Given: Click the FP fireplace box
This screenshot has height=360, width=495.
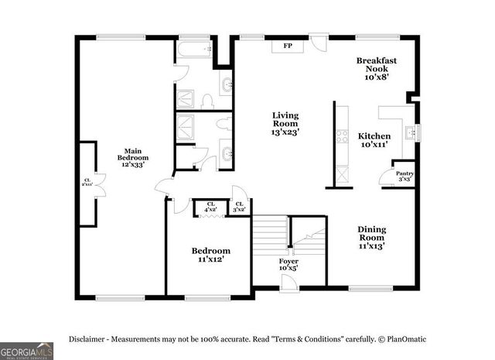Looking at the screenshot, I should [x=288, y=46].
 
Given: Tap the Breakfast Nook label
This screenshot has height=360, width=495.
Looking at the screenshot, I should [x=377, y=69].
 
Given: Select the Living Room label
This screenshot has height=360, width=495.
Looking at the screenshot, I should [x=285, y=124].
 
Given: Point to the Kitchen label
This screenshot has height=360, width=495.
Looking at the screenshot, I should [x=374, y=139].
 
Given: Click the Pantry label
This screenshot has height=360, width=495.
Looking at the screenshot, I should [x=404, y=176].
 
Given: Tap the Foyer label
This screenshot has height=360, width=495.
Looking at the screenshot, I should [x=288, y=266].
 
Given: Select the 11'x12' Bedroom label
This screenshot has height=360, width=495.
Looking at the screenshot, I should [x=211, y=255].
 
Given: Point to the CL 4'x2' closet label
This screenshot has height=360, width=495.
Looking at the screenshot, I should [x=210, y=207].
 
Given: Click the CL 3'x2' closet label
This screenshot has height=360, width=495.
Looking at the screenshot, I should [x=240, y=207].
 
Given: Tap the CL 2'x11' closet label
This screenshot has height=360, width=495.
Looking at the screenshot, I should [x=87, y=183].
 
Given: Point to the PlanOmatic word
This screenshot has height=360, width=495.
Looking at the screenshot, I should [x=406, y=339].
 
